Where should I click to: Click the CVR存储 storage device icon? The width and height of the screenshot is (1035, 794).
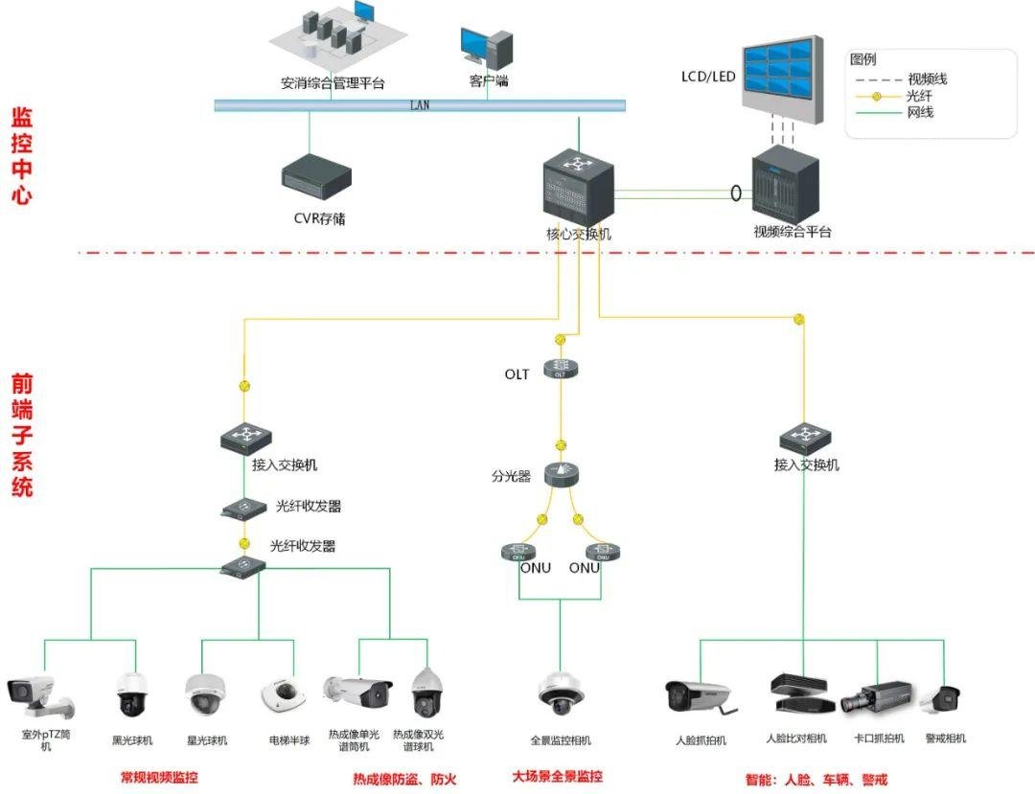click(316, 176)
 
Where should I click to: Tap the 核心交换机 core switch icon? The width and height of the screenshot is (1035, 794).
click(579, 189)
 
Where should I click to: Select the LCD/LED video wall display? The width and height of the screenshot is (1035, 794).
click(783, 79)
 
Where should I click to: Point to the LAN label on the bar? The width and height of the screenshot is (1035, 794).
click(420, 104)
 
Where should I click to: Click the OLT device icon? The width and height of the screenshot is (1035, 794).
click(561, 368)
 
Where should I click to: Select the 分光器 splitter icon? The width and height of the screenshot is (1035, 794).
click(561, 474)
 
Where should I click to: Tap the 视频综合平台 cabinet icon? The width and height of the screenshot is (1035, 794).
click(786, 185)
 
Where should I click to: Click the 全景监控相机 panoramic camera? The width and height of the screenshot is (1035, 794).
click(561, 693)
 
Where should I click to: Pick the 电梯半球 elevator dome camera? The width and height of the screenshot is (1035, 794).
click(284, 696)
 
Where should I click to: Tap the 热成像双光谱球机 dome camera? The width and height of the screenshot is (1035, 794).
click(425, 692)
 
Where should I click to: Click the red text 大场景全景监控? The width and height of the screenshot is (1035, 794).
click(558, 776)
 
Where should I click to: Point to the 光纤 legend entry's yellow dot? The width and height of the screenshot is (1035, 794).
click(877, 97)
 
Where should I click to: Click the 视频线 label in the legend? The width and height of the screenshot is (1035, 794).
click(928, 79)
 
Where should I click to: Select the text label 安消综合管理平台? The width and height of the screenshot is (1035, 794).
click(333, 83)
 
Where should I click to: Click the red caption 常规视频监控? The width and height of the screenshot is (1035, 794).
click(159, 778)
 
